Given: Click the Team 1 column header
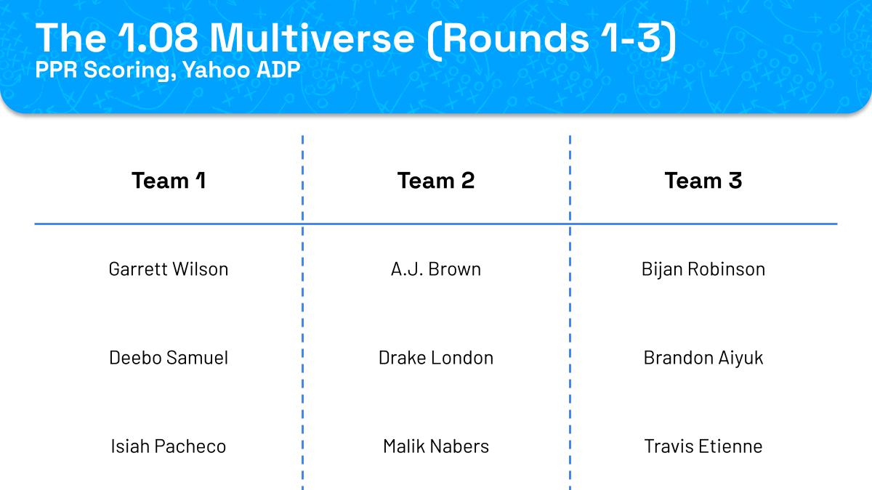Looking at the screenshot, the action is (x=169, y=181).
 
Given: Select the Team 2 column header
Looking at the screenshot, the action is (x=436, y=181).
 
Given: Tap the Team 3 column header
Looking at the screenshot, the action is (x=703, y=181).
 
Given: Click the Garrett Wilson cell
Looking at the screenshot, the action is (x=169, y=269).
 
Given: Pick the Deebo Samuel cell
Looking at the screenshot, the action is (x=169, y=358).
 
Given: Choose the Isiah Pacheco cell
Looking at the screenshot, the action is (x=169, y=446).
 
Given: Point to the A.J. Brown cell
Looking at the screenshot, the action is (x=436, y=269).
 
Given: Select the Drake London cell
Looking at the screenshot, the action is (x=436, y=358).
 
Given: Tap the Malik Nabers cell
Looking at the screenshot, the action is (x=436, y=446).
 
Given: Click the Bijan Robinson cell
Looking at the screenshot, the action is (x=703, y=269).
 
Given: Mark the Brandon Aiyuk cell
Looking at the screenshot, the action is (x=703, y=358).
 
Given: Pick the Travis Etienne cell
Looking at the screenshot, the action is (x=703, y=446).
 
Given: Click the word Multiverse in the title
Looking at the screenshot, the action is (x=312, y=38).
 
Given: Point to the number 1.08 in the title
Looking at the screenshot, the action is (x=158, y=38).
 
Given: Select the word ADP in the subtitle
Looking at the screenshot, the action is (x=279, y=70).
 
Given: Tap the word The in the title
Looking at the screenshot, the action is (x=70, y=38).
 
